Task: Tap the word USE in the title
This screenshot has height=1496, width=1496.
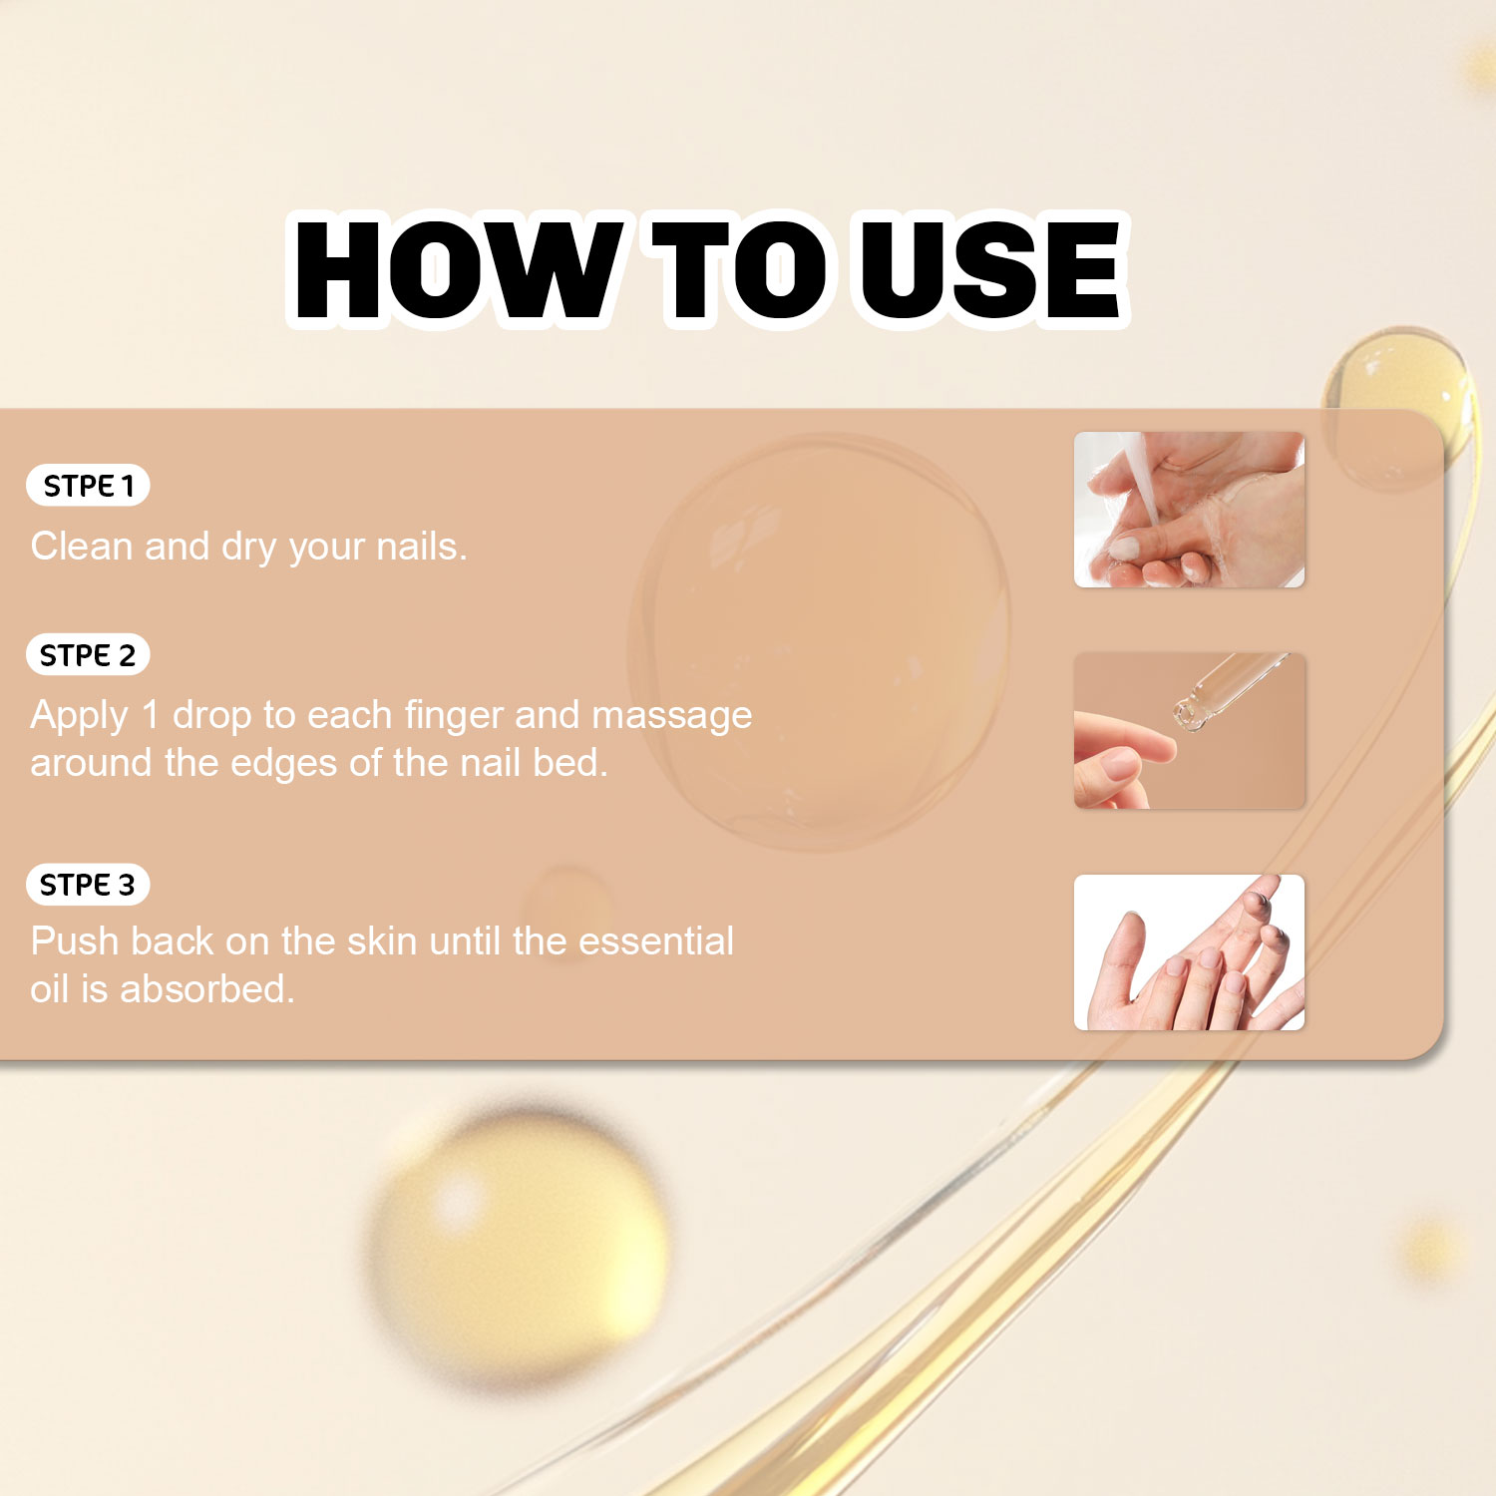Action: click(x=990, y=269)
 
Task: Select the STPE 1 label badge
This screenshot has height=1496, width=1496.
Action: click(x=88, y=486)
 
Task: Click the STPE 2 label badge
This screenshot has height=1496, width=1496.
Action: click(x=88, y=655)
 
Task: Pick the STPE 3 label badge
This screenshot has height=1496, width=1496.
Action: click(x=88, y=885)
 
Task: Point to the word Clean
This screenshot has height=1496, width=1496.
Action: click(x=82, y=547)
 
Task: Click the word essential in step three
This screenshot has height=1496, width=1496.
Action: click(x=656, y=941)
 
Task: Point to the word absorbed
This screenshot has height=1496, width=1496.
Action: click(x=207, y=989)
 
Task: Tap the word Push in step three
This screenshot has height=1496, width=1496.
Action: click(x=73, y=941)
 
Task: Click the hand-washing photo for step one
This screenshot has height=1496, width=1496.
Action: click(x=1189, y=510)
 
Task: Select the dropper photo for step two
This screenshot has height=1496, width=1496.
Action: click(x=1189, y=731)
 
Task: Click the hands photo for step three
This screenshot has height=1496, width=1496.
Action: click(x=1189, y=952)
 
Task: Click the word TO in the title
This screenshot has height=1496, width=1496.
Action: click(x=741, y=269)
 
